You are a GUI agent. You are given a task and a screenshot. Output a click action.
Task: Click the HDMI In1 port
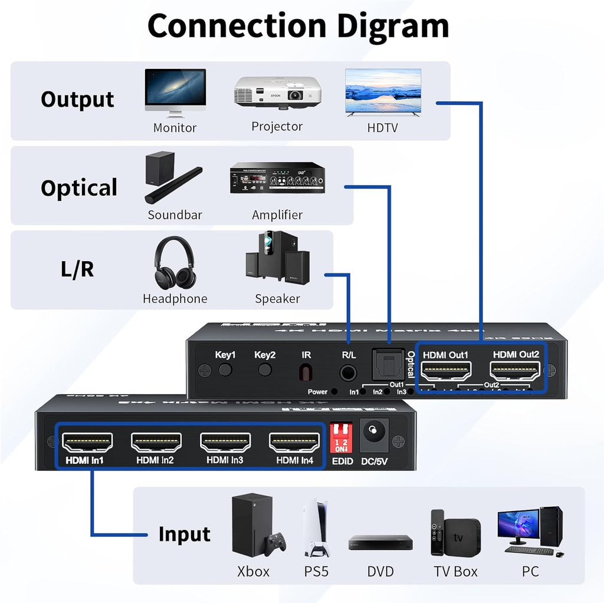pyautogui.click(x=87, y=442)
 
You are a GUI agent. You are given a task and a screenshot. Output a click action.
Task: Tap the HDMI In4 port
pyautogui.click(x=294, y=442)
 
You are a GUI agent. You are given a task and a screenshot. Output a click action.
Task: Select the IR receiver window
pyautogui.click(x=305, y=373)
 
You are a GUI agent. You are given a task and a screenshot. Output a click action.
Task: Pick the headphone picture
pyautogui.click(x=174, y=262)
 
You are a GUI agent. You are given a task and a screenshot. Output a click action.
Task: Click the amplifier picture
pyautogui.click(x=277, y=178)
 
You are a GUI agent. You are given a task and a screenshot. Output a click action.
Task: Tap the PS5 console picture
pyautogui.click(x=316, y=529)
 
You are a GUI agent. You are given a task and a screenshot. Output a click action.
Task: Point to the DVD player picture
pyautogui.click(x=380, y=542)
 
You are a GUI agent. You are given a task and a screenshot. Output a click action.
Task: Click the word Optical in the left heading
pyautogui.click(x=79, y=188)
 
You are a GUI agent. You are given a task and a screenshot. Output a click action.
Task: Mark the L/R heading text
pyautogui.click(x=78, y=269)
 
